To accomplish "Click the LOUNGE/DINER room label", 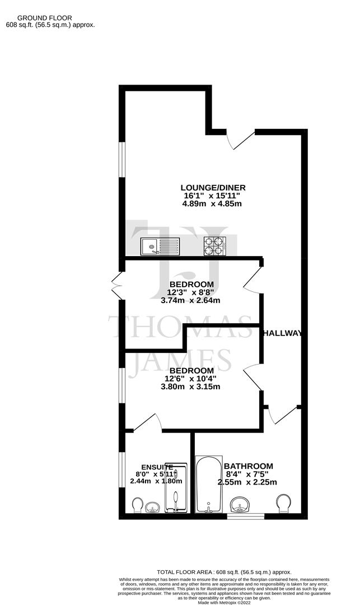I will [213, 187].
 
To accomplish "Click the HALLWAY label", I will [282, 333].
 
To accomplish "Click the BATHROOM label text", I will [248, 466].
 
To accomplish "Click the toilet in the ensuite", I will [137, 505].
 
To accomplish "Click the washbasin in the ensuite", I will [152, 508].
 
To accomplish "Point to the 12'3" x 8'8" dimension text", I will [191, 292].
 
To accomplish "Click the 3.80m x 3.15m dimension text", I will [190, 387].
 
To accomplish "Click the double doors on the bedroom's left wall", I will [117, 286].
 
